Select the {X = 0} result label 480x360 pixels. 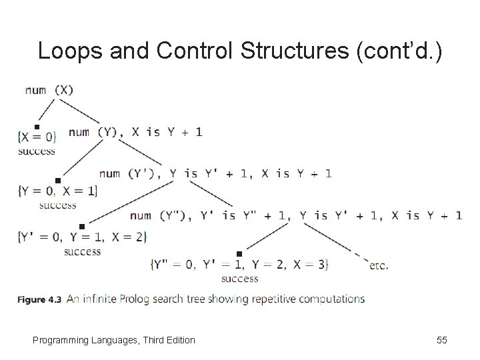click(x=37, y=137)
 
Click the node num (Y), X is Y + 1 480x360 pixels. click(x=135, y=132)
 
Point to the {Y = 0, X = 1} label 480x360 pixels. click(x=57, y=191)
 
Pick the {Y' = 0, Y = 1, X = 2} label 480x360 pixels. click(x=82, y=236)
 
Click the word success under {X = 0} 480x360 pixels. click(x=37, y=151)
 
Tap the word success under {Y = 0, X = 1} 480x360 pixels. click(x=58, y=205)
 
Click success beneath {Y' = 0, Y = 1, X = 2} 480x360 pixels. click(x=83, y=251)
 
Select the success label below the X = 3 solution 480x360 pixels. click(x=239, y=279)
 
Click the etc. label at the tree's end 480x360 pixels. click(x=378, y=265)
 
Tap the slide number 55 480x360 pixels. click(x=441, y=340)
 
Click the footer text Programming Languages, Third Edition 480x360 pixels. click(x=114, y=340)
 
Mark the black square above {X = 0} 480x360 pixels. click(x=37, y=127)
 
